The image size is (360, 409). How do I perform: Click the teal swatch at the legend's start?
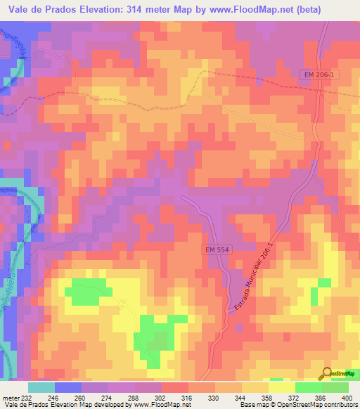(41, 387)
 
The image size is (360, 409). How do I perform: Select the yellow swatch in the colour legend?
(281, 387)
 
